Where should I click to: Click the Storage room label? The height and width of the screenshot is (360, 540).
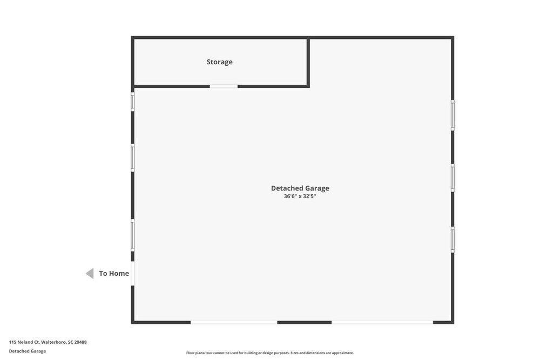(219, 62)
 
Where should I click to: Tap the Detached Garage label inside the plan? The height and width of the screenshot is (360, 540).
(300, 188)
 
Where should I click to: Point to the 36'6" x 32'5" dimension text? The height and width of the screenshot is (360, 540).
(300, 196)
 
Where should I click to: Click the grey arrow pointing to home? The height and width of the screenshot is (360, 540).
(90, 273)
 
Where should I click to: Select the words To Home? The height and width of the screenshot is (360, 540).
(114, 273)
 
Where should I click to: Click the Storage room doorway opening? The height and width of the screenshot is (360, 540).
(224, 86)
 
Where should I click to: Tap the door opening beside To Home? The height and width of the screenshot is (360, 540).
(133, 274)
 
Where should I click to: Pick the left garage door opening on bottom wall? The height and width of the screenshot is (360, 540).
(234, 322)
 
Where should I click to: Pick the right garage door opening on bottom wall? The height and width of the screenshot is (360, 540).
(382, 322)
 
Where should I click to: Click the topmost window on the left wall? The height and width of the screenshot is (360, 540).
(133, 101)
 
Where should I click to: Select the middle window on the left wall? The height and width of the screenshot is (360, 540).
(133, 158)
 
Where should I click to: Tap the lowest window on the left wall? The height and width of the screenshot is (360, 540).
(133, 235)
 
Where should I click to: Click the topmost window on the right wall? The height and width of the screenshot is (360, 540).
(453, 115)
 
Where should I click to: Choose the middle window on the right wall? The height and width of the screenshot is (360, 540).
(453, 178)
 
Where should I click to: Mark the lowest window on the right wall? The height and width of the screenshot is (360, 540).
(453, 240)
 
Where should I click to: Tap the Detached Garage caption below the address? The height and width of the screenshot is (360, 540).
(28, 351)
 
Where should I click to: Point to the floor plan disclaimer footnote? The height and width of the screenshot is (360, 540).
(270, 353)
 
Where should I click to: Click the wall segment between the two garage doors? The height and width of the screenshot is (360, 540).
(305, 322)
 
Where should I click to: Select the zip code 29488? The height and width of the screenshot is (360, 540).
(80, 342)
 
